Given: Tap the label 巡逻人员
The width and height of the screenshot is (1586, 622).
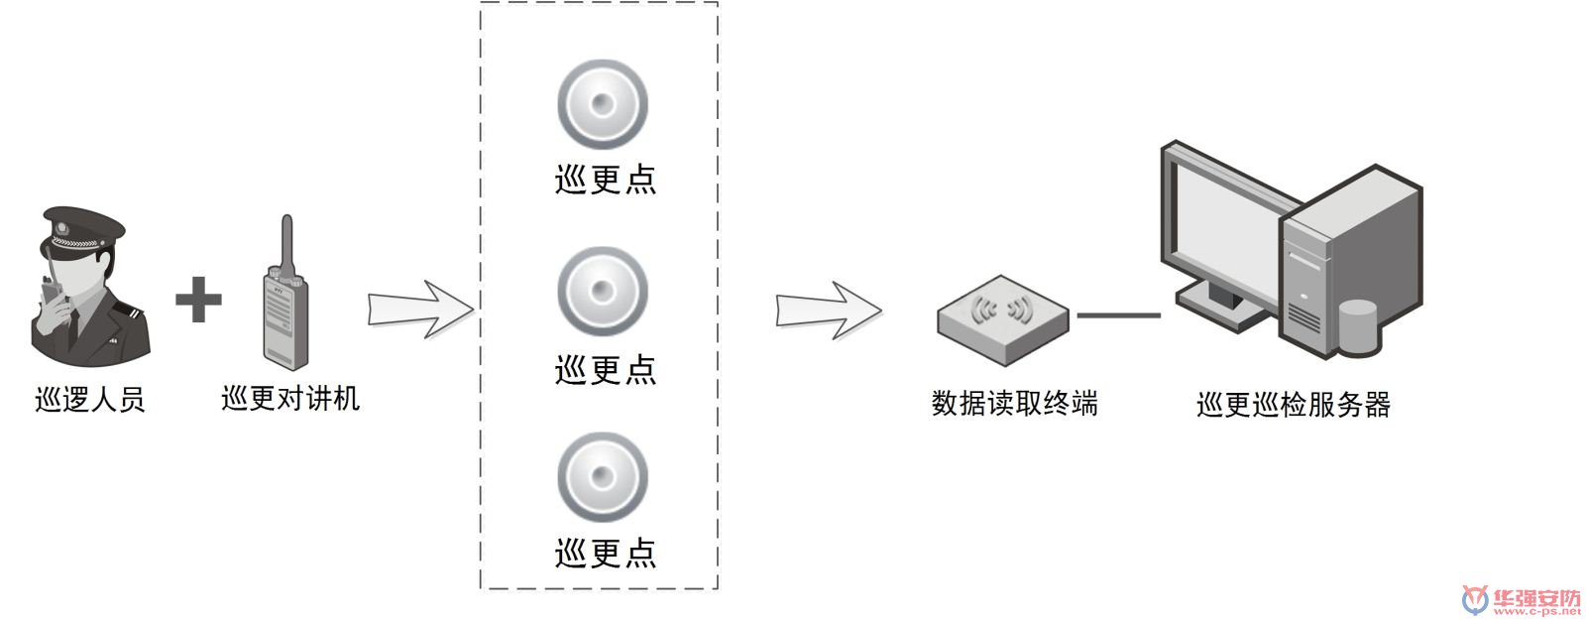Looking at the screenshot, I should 89,400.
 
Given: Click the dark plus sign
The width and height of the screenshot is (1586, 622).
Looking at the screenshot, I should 198,300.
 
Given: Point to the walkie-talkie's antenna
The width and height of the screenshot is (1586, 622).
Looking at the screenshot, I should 286,243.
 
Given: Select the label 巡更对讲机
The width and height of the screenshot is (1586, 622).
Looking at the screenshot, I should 289,399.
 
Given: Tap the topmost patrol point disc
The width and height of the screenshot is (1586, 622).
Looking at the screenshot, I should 602,104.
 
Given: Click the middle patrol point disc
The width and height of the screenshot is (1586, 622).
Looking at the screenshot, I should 602,292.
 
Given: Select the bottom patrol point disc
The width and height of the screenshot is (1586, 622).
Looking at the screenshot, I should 602,476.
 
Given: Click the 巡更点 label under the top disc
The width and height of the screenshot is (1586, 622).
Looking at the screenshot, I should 605,180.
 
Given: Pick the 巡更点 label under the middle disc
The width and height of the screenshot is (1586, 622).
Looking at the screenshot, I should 605,370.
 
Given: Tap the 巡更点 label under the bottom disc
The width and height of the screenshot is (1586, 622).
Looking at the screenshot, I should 605,553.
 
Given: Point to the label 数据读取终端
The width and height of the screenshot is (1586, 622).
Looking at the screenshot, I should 1014,404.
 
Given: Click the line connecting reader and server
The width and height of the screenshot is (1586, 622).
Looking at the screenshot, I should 1118,315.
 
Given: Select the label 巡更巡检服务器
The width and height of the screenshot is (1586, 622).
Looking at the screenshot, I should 1294,405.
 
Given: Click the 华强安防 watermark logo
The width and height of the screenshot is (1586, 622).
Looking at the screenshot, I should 1522,600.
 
